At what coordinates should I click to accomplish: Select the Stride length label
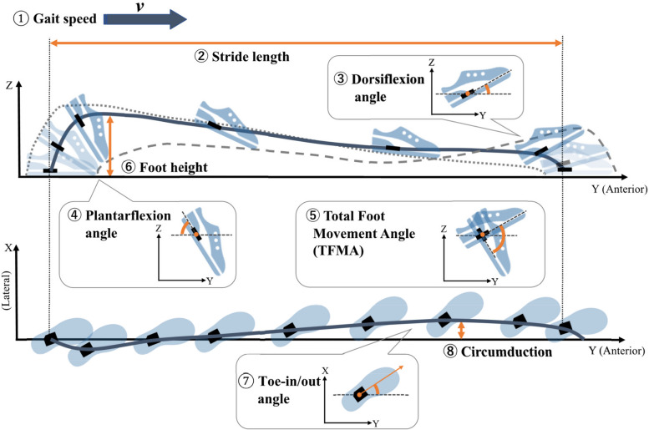[x=242, y=58]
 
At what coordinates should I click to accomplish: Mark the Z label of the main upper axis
[x=8, y=84]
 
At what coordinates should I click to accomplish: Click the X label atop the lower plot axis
[x=8, y=248]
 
